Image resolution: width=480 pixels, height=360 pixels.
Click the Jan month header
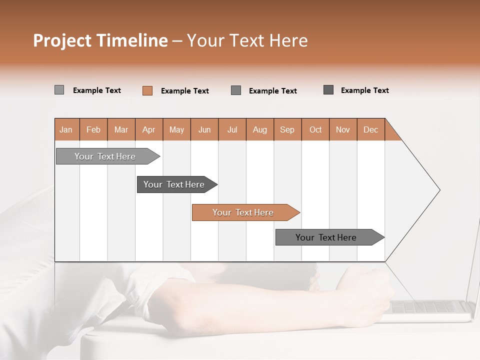coord(66,129)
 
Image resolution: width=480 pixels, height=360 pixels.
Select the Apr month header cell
coord(149,129)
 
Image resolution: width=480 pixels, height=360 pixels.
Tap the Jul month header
coord(232,129)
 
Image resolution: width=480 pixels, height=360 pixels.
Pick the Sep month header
coord(287,129)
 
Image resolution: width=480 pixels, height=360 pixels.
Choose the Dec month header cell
coord(370,129)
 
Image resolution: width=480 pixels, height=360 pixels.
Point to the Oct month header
coord(315,129)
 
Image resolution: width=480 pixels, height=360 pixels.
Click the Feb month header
coord(93,129)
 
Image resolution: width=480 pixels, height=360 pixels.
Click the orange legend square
coord(147,90)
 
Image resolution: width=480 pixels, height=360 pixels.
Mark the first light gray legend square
coord(59,90)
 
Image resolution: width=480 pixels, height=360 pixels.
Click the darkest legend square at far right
coord(328,90)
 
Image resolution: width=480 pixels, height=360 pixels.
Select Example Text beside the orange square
coord(184,91)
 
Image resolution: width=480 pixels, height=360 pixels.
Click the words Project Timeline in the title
coord(100,40)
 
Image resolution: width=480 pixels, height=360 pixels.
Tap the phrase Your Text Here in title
coord(247,40)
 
